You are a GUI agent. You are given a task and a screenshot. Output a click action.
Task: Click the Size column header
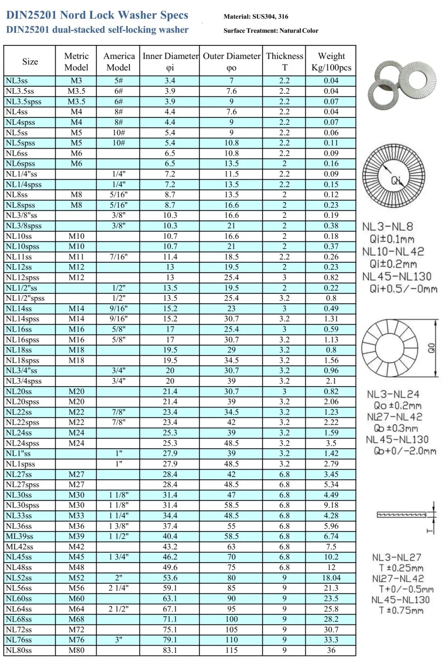click(30, 62)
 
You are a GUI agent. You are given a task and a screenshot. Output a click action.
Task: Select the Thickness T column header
click(285, 62)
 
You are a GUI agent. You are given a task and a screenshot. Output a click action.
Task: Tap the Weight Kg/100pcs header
click(331, 62)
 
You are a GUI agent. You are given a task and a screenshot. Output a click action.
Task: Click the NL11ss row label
click(19, 257)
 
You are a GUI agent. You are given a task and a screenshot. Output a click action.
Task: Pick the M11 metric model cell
click(76, 257)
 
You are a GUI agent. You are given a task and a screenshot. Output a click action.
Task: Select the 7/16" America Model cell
click(118, 257)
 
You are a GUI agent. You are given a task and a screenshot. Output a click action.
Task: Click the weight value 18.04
click(331, 578)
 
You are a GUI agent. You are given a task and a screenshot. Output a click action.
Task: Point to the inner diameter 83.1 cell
click(170, 650)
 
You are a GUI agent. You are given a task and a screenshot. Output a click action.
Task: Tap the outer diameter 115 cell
click(231, 650)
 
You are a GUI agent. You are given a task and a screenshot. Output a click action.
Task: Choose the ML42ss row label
click(19, 547)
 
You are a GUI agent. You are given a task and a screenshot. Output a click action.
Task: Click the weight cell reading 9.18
click(331, 505)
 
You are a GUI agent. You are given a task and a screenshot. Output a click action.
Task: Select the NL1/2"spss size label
click(25, 299)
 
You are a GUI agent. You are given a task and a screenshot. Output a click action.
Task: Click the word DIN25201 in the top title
click(31, 15)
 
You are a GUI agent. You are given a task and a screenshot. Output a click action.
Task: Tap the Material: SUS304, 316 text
click(256, 17)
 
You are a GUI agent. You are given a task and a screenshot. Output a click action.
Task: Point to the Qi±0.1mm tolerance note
click(392, 239)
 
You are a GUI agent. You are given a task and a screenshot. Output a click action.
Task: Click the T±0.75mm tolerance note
click(401, 611)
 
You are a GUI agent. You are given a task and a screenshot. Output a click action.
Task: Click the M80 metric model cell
click(76, 650)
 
